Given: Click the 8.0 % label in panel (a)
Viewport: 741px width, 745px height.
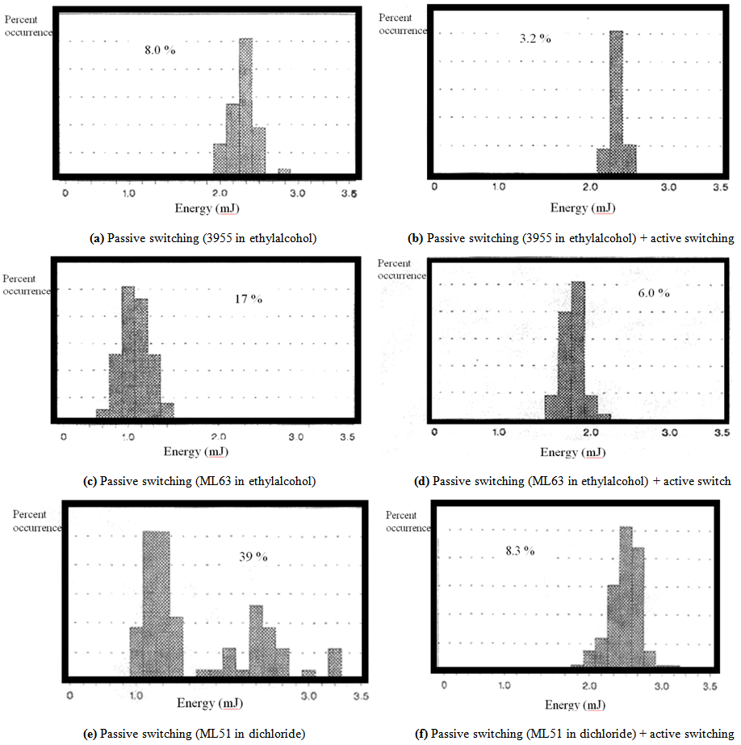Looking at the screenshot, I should [x=160, y=49].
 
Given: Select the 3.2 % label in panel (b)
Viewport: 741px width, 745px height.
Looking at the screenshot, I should [x=535, y=38].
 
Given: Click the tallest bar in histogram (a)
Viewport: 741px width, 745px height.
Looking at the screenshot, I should [x=246, y=105].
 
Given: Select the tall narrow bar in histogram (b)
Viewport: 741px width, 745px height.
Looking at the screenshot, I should [x=617, y=101].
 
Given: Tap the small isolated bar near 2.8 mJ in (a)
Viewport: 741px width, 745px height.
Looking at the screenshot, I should [x=284, y=170].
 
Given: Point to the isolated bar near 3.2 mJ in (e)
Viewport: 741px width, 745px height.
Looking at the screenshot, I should [x=334, y=662].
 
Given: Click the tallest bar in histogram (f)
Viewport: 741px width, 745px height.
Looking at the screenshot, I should [x=626, y=597].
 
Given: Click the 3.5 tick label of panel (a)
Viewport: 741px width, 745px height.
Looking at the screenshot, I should [x=349, y=195].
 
